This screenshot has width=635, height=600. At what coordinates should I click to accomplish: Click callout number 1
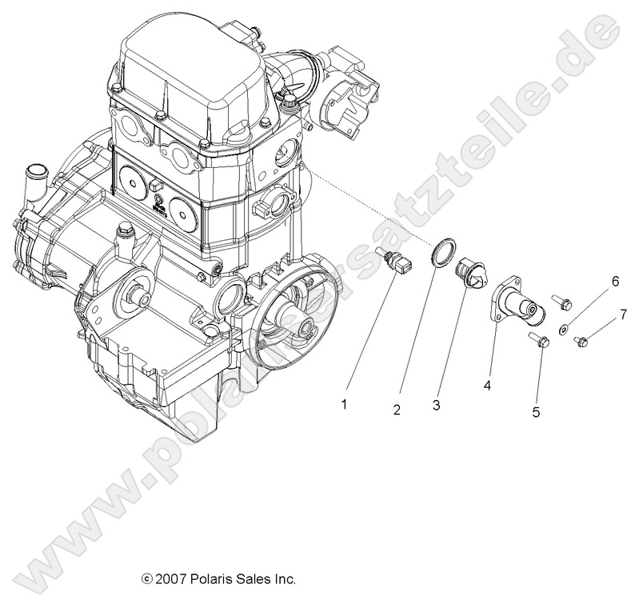pyautogui.click(x=345, y=405)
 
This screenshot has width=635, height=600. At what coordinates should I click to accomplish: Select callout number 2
pyautogui.click(x=396, y=410)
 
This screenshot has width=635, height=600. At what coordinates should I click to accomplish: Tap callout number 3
pyautogui.click(x=436, y=406)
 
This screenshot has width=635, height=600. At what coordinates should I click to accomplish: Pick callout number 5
pyautogui.click(x=537, y=412)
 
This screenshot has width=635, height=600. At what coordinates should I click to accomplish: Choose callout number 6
pyautogui.click(x=615, y=282)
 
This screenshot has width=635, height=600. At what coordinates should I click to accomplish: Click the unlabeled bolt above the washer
pyautogui.click(x=563, y=303)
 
